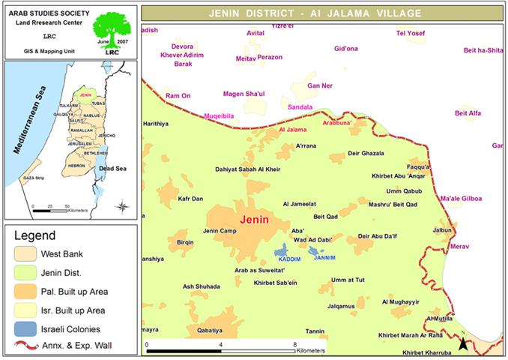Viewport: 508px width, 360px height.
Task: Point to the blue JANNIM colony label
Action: tap(324, 258)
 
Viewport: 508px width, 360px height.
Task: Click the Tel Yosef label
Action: tap(410, 34)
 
